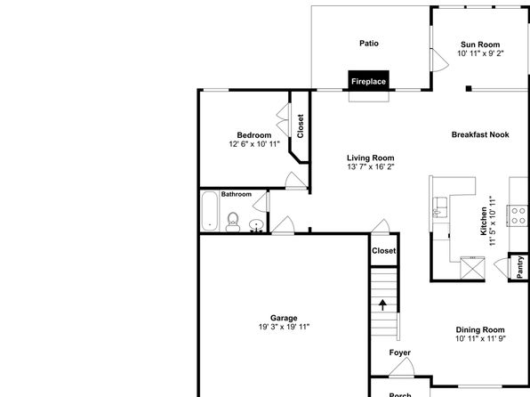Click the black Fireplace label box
pos(368,81)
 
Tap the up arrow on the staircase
pos(382,304)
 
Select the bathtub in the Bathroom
pos(210,211)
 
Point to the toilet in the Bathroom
pos(233,222)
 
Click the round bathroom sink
pos(256,224)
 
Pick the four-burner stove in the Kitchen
pos(518,215)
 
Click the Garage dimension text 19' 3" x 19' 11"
pos(284,327)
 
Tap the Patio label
pos(369,44)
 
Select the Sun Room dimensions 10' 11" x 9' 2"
pos(480,53)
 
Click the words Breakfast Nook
pos(480,134)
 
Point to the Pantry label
pos(520,267)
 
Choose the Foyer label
pos(400,352)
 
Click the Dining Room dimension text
pos(480,339)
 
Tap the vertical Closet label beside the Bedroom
pos(301,126)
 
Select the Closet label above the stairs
pos(383,251)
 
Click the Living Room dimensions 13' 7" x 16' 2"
pos(371,166)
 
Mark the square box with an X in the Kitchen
pos(472,268)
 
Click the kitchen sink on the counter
pos(440,207)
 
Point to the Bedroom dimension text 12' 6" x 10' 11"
pos(254,144)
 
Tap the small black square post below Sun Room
pos(469,89)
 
